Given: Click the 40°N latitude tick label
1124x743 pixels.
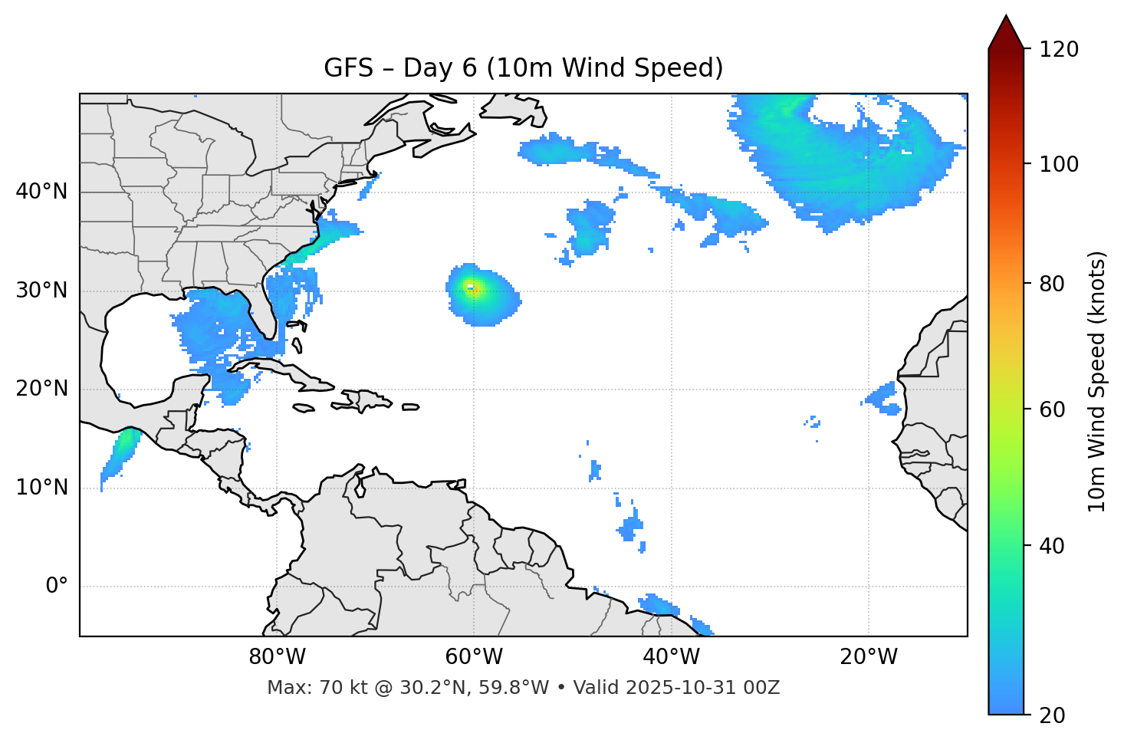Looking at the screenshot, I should coord(41,192).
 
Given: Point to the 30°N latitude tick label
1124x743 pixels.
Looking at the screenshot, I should coord(41,291).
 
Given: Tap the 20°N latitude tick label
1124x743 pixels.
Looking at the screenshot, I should coord(41,389).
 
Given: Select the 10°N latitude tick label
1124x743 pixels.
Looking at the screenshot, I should coord(41,488).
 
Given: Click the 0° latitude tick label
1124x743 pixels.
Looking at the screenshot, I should coord(56,587).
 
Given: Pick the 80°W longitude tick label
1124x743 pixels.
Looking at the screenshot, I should coord(277,657).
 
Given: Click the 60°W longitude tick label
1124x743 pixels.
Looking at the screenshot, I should coord(474,657).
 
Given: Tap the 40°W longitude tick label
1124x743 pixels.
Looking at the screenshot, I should coord(671,657).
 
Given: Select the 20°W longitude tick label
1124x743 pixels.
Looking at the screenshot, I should coord(868,657).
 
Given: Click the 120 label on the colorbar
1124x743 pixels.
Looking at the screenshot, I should coord(1060,49).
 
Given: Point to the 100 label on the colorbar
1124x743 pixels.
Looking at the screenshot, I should coord(1060,164).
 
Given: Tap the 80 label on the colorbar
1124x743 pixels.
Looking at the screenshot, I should coord(1055,284).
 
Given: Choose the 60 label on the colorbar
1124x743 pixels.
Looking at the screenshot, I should coord(1055,409).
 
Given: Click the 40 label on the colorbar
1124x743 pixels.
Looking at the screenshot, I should coord(1055,546).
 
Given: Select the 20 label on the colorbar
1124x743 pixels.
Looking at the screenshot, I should coord(1055,715).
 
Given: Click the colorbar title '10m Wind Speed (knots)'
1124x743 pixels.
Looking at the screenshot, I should coord(1097,381).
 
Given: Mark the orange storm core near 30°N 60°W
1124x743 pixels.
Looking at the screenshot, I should coord(472,289).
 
